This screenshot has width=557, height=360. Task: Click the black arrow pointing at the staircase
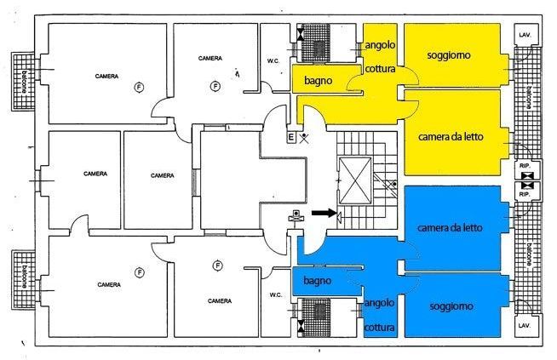point(324,213)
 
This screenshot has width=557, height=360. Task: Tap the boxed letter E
point(291,138)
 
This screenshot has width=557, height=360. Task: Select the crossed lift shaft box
point(355,180)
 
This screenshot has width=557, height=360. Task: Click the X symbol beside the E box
point(304,138)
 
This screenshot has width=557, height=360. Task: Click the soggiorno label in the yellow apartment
point(449,55)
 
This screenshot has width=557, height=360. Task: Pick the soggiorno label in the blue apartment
point(451,306)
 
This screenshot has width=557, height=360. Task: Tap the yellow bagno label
point(319,81)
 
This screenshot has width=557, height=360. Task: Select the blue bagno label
point(318,281)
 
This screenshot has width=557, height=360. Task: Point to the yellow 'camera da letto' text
point(451,137)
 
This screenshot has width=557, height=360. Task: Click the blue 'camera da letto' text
point(450,227)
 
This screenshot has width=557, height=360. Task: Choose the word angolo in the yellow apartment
point(380,45)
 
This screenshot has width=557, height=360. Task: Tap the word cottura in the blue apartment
point(379,328)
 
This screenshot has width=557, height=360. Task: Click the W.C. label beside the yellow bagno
point(273,61)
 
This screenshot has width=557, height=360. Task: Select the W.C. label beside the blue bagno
point(276,294)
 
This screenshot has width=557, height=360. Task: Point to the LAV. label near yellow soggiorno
point(525,35)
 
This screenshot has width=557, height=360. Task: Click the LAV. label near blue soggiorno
point(525,326)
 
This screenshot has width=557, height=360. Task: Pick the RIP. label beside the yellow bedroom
point(525,166)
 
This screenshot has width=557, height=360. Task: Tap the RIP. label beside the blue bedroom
point(525,194)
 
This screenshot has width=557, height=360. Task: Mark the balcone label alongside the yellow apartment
point(529,96)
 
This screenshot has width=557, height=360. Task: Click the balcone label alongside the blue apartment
point(529,254)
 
